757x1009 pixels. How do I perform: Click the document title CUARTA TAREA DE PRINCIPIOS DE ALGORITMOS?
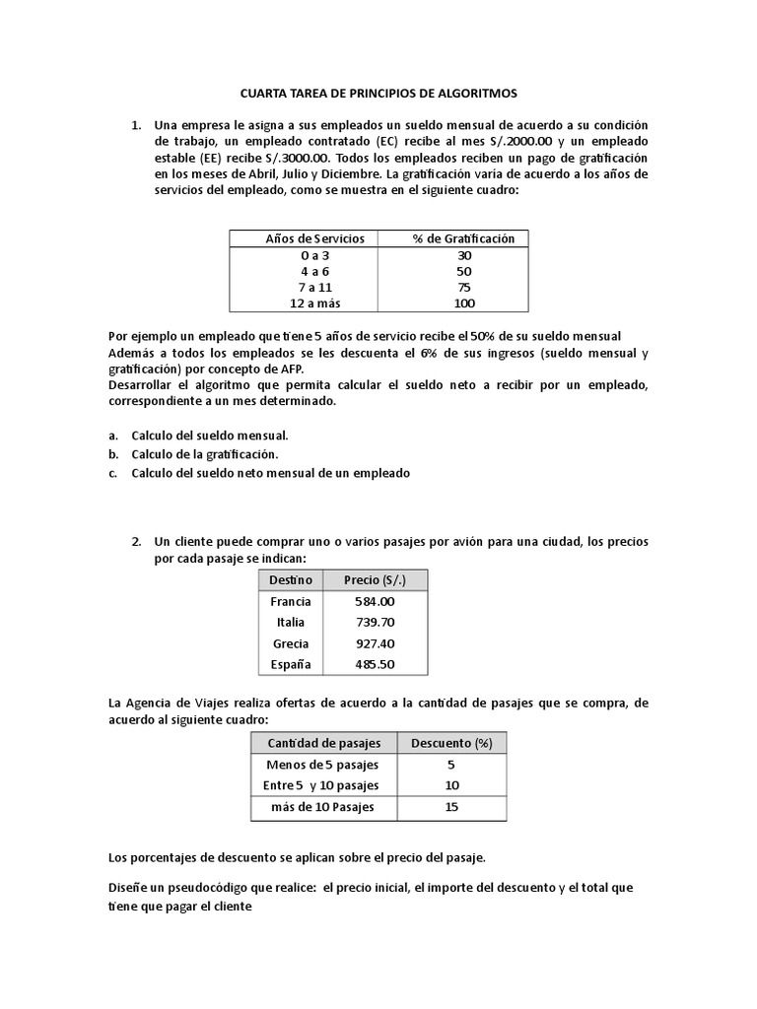(x=378, y=93)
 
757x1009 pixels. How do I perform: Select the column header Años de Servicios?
(x=315, y=238)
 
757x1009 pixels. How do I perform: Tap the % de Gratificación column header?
(x=463, y=238)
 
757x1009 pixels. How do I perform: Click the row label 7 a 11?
(x=315, y=287)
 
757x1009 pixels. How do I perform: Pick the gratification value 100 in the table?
(x=463, y=303)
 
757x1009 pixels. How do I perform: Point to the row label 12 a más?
(x=315, y=303)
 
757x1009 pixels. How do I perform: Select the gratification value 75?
(x=463, y=287)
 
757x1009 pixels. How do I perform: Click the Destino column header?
(x=290, y=579)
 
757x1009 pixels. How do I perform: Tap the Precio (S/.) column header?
(x=375, y=579)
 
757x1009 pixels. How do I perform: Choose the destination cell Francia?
(x=290, y=601)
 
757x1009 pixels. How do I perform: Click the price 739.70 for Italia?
(x=375, y=622)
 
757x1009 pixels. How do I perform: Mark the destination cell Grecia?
(x=290, y=643)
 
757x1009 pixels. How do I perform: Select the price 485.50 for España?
(x=375, y=664)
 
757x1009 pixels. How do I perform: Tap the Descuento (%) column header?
(x=450, y=743)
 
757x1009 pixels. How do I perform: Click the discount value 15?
(x=450, y=807)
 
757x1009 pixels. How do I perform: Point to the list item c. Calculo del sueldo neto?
(x=270, y=473)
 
